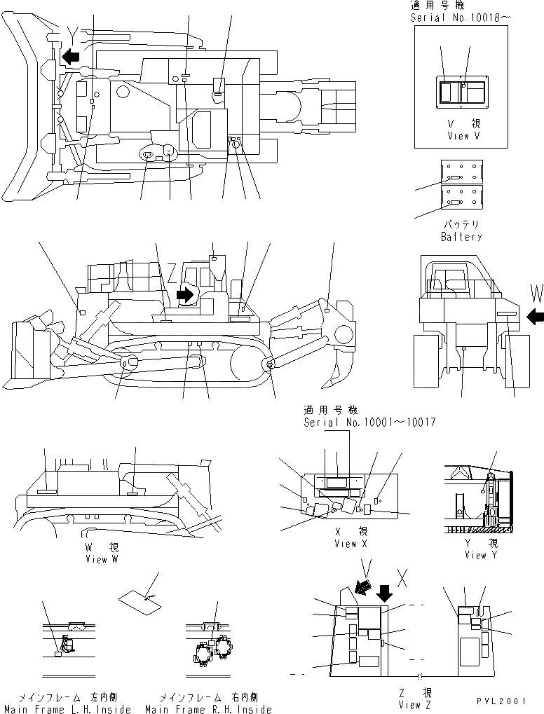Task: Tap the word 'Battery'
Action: (461, 237)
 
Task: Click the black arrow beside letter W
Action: (535, 317)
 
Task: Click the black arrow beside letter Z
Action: (186, 294)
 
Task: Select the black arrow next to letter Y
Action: (70, 55)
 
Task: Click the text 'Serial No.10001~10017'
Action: (369, 423)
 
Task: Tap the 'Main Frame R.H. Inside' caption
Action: (208, 709)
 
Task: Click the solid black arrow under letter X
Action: (385, 593)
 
